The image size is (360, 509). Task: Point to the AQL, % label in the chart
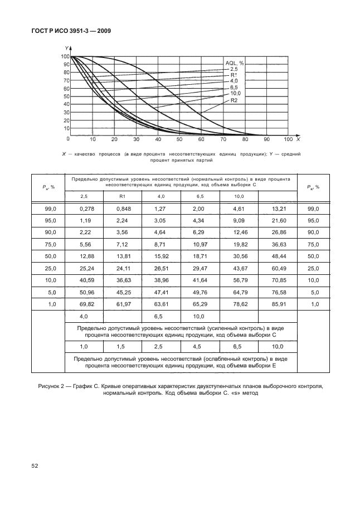(234, 63)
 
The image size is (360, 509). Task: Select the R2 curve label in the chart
(234, 100)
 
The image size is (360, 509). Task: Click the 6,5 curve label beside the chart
(233, 88)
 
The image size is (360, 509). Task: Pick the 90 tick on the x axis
(266, 139)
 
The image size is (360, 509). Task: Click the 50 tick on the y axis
(66, 96)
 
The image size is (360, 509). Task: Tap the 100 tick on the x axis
(288, 139)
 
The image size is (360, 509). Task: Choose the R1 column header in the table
(123, 196)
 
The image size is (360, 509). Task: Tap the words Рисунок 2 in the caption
(52, 385)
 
